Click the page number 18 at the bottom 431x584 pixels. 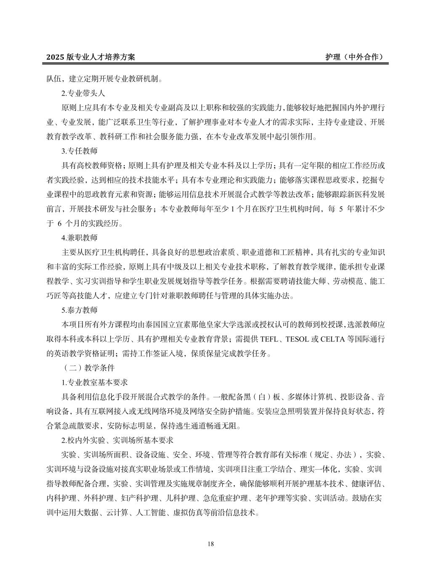coord(211,544)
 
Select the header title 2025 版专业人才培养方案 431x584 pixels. coord(90,57)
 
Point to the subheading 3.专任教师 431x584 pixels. coord(80,151)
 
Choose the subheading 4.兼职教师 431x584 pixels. coord(80,238)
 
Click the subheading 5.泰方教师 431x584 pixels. coord(80,310)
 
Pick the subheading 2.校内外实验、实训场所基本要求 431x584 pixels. coord(117,440)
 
